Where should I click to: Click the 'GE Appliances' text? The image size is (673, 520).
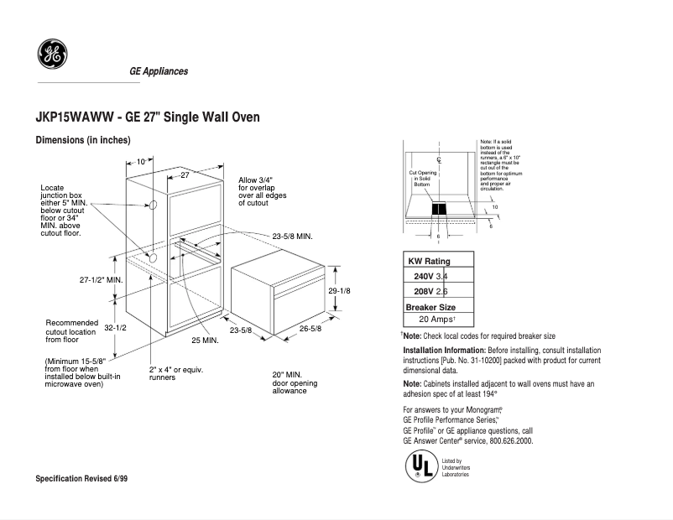click(159, 71)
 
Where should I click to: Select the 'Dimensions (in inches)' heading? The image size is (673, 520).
click(83, 140)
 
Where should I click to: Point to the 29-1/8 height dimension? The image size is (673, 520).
click(340, 290)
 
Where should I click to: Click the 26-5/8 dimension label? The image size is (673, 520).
click(310, 329)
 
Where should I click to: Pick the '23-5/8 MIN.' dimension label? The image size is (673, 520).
click(292, 237)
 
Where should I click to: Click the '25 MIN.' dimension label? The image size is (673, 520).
click(205, 341)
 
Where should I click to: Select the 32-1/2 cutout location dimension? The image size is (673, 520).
click(115, 328)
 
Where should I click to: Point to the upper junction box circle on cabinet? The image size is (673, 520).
click(154, 205)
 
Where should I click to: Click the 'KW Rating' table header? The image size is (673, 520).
click(429, 262)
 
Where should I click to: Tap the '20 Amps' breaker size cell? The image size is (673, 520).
click(436, 320)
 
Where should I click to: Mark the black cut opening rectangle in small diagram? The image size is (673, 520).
click(439, 210)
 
